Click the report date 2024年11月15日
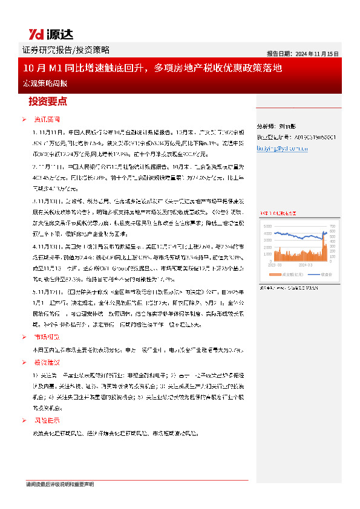(x=303, y=53)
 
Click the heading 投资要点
(x=48, y=102)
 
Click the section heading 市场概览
(x=47, y=337)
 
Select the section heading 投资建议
(x=47, y=362)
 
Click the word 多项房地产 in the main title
(x=181, y=68)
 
